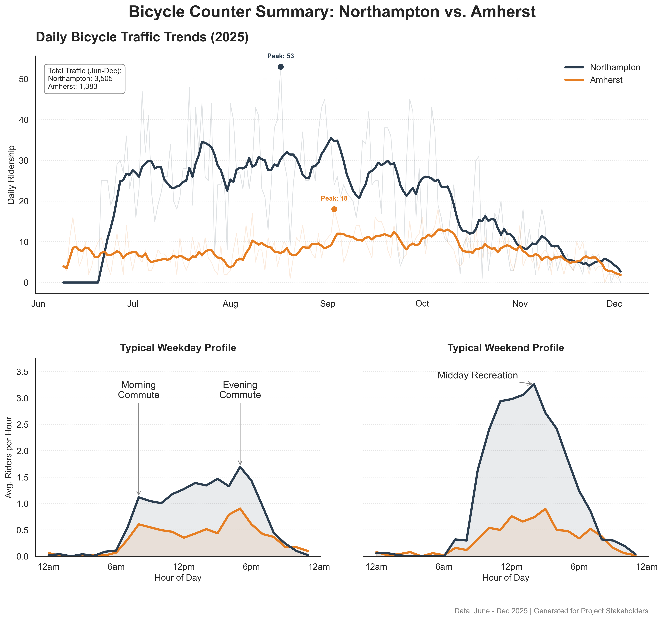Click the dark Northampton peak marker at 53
pyautogui.click(x=280, y=67)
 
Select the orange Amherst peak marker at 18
pyautogui.click(x=334, y=209)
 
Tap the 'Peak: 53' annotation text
pyautogui.click(x=280, y=56)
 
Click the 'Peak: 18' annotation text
pyautogui.click(x=334, y=199)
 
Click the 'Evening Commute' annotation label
pyautogui.click(x=240, y=390)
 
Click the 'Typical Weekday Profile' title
pyautogui.click(x=178, y=348)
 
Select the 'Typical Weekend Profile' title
pyautogui.click(x=506, y=348)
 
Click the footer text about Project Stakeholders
pyautogui.click(x=551, y=611)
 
